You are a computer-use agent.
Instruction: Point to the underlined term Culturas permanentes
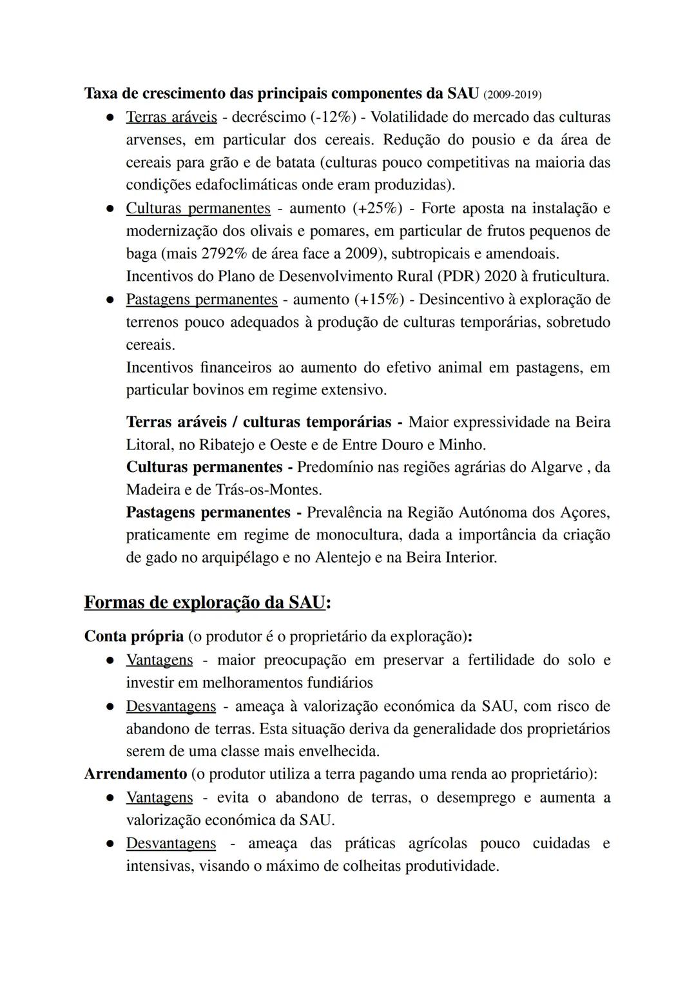(198, 208)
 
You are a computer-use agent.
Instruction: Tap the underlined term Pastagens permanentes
(202, 300)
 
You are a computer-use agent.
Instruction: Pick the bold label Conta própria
(134, 637)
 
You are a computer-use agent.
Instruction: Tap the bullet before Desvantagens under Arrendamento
(111, 844)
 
